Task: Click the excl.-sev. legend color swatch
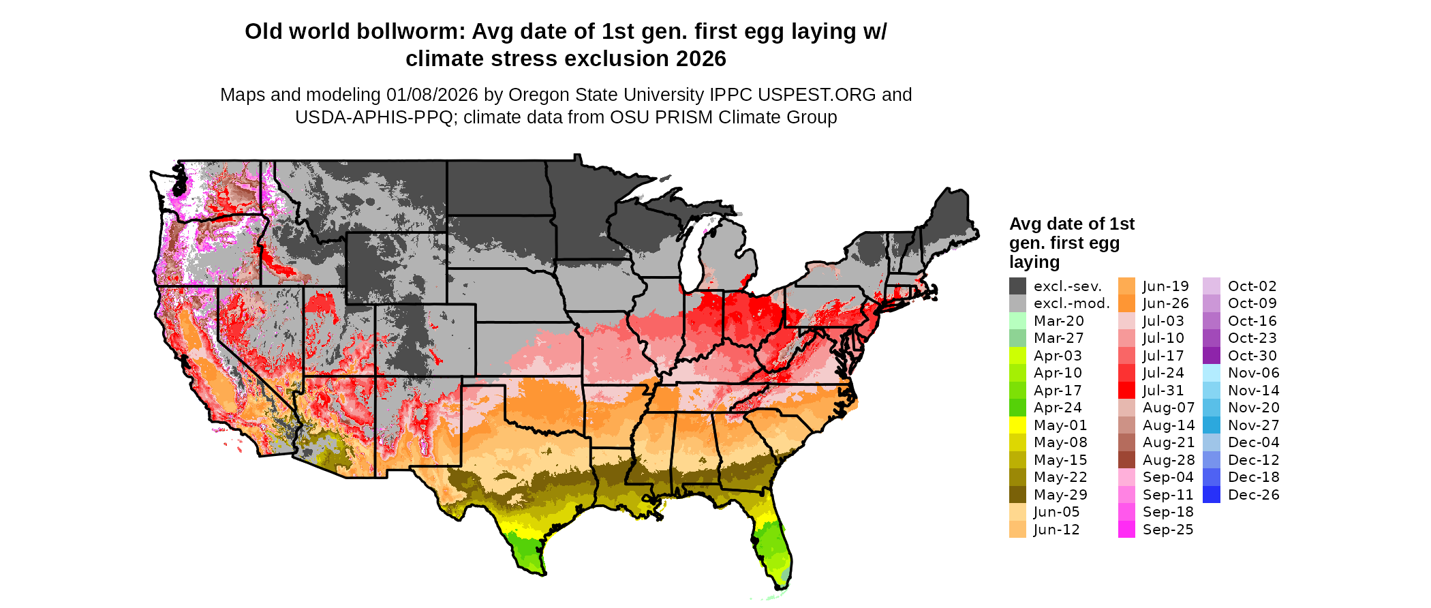click(x=1017, y=286)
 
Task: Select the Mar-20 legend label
click(x=1058, y=321)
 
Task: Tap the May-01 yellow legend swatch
click(x=1017, y=425)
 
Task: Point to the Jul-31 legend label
click(x=1163, y=391)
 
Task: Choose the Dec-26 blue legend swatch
click(x=1212, y=495)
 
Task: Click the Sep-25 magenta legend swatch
click(x=1126, y=530)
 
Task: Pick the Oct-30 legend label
click(x=1252, y=356)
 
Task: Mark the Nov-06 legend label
click(x=1253, y=373)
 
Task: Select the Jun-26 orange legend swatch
click(x=1126, y=303)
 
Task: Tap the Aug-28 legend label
click(x=1168, y=460)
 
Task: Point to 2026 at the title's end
click(x=701, y=59)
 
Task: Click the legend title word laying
click(x=1034, y=262)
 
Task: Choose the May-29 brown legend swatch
click(x=1017, y=495)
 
